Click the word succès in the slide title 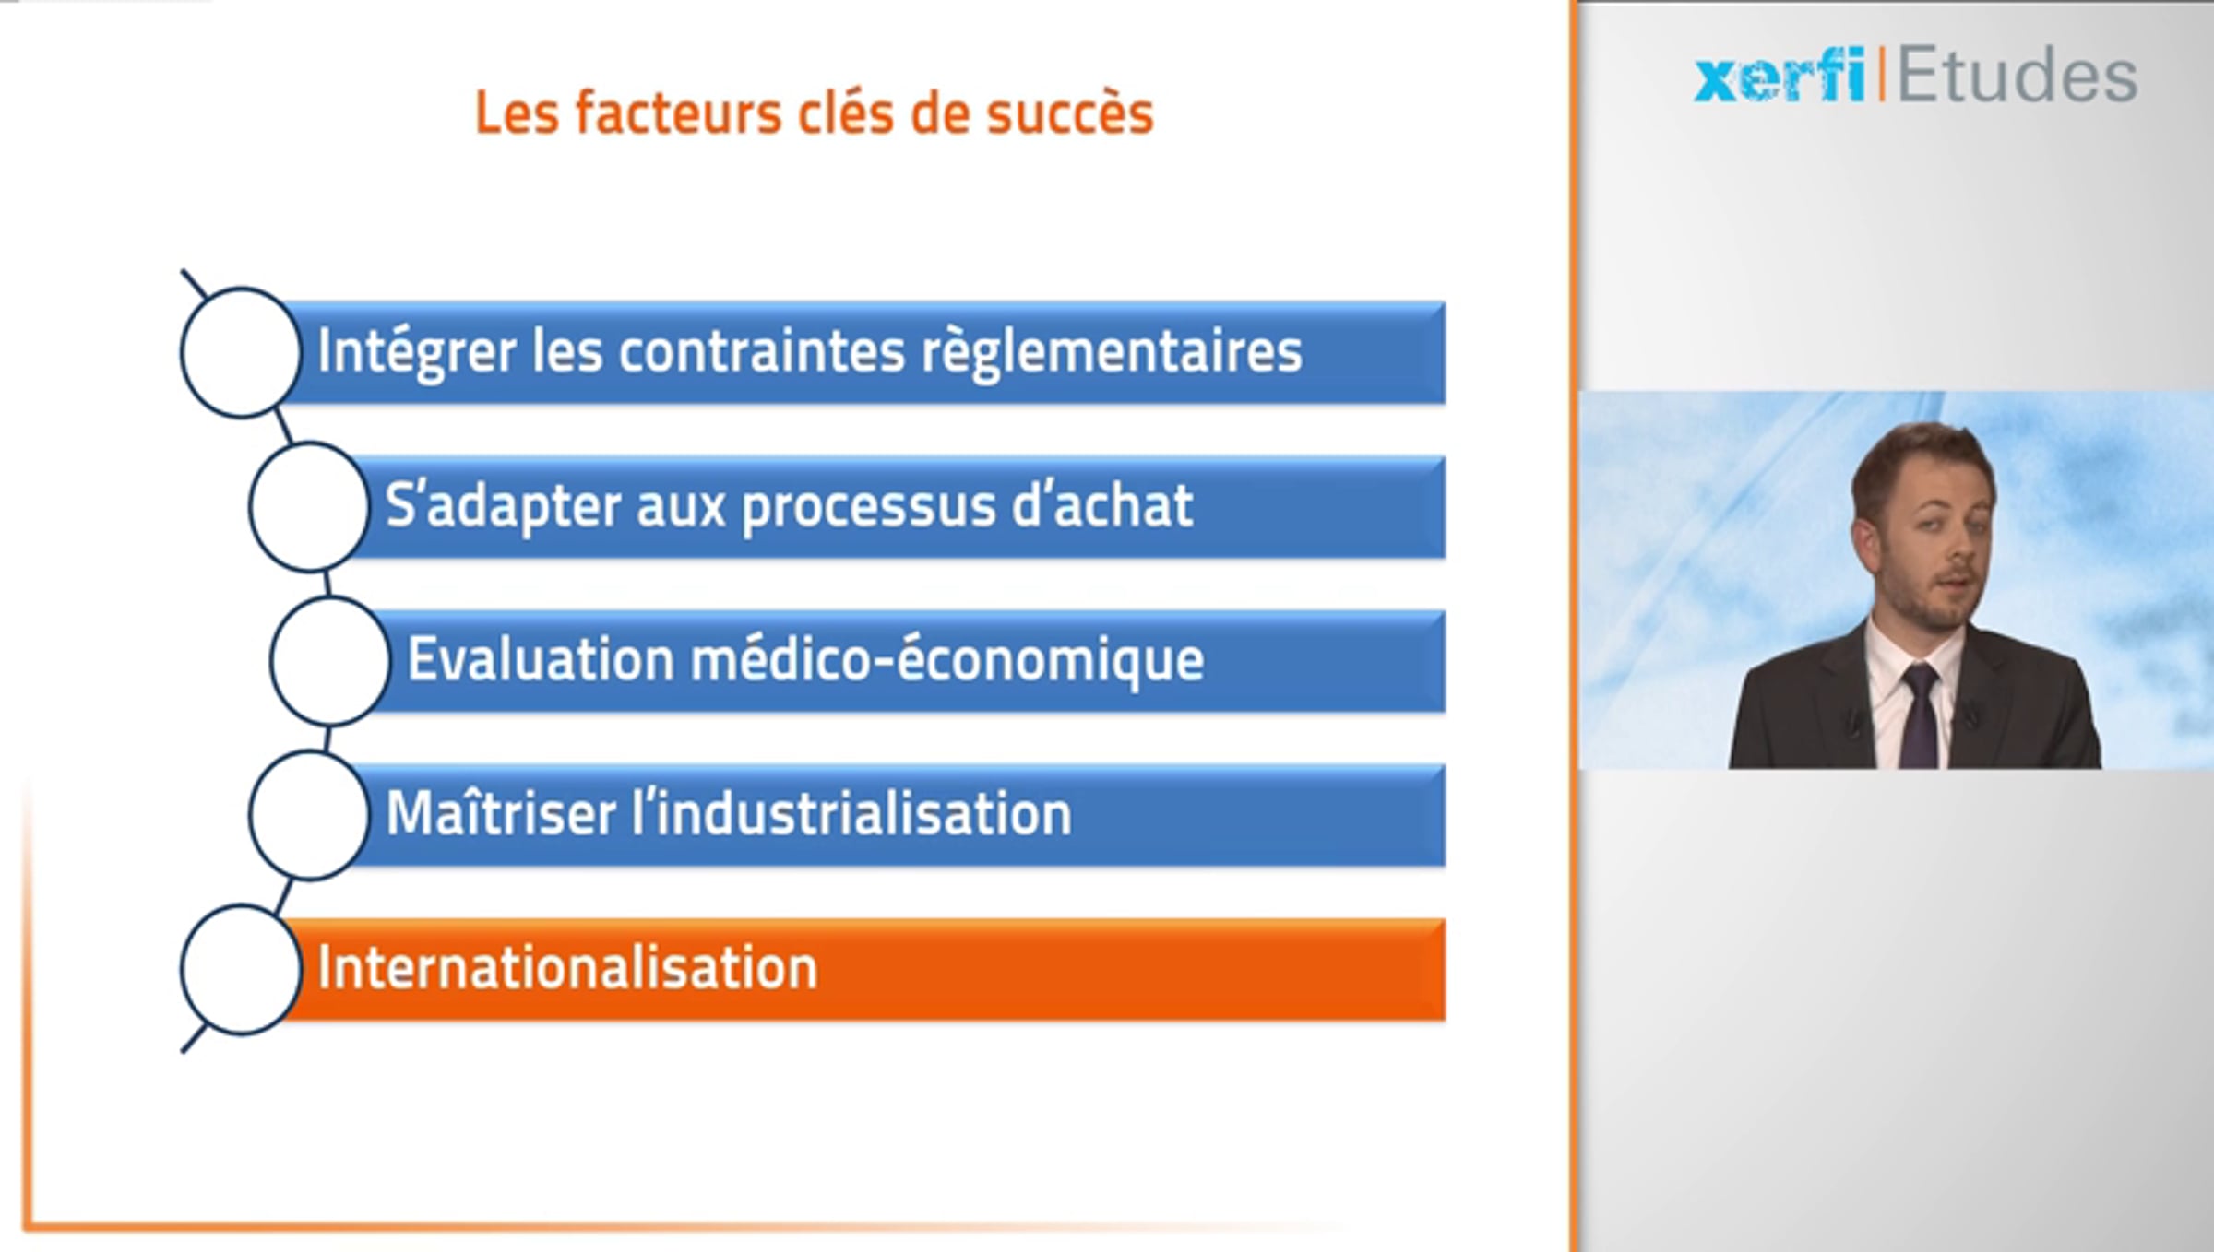point(1069,113)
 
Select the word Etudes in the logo point(2017,75)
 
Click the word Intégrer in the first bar point(416,353)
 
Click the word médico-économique point(947,661)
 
